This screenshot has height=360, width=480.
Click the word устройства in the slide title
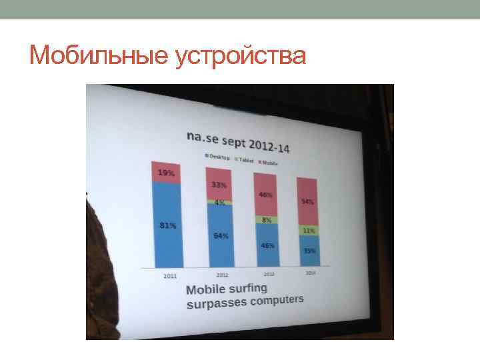click(x=241, y=56)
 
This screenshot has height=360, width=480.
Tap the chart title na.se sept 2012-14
click(x=242, y=141)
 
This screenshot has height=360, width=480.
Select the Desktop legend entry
click(x=218, y=158)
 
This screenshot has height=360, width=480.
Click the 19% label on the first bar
click(x=166, y=173)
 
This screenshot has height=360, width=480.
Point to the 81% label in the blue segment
click(x=168, y=226)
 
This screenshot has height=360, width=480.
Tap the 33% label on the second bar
click(x=219, y=185)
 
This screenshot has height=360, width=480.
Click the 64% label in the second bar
click(x=221, y=235)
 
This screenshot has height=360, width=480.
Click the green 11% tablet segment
click(x=309, y=230)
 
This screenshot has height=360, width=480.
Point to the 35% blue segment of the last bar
click(x=309, y=251)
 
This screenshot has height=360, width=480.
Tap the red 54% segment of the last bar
click(x=308, y=201)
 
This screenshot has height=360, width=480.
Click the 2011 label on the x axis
click(x=170, y=275)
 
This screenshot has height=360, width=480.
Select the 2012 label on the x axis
click(x=223, y=274)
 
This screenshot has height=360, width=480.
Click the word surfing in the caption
click(x=245, y=288)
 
